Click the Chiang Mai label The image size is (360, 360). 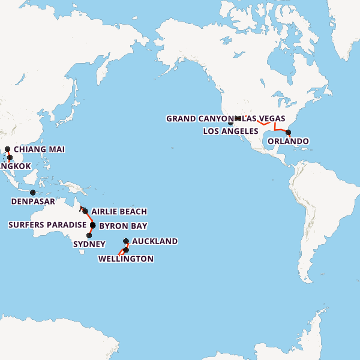point(39,149)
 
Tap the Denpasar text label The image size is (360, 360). point(33,202)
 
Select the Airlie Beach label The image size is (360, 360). point(119,212)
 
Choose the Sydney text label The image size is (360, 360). point(89,244)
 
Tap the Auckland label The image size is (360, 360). point(154,241)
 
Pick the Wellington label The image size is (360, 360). point(125,259)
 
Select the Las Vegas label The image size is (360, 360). point(264,119)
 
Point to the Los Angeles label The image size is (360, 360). point(231,131)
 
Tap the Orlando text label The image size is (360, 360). point(288,142)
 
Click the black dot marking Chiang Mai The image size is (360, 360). point(8,149)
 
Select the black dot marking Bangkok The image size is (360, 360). point(10,158)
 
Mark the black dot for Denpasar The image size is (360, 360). point(33,193)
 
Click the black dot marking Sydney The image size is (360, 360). point(89,236)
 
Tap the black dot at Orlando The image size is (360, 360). point(288,133)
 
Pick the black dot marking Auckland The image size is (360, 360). point(126,242)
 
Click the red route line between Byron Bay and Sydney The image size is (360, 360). point(91,230)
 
